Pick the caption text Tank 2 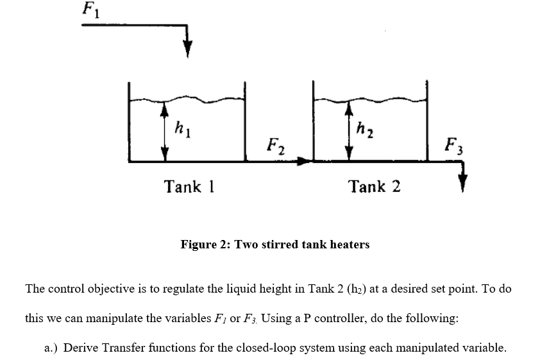pyautogui.click(x=375, y=187)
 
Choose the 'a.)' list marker pyautogui.click(x=52, y=348)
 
